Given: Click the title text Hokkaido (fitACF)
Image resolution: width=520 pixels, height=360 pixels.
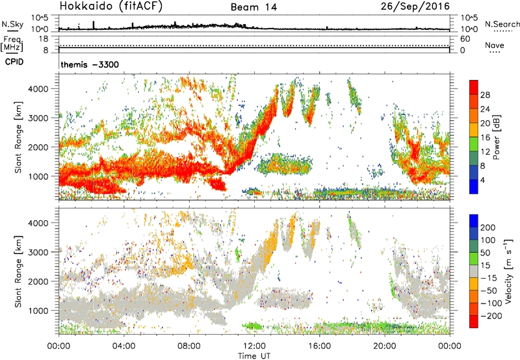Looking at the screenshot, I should [x=112, y=6].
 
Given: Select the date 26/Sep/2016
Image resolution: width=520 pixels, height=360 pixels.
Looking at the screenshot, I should [x=421, y=6].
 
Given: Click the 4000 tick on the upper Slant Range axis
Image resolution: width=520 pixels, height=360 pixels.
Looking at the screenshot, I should [x=45, y=88].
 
